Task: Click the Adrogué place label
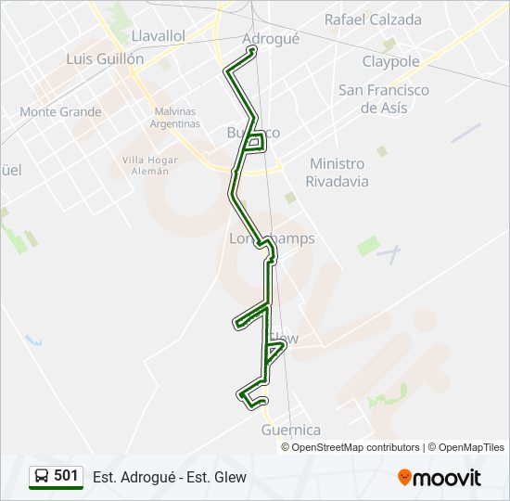(270, 38)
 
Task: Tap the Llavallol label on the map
(159, 35)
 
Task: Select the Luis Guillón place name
(105, 58)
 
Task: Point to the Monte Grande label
(60, 111)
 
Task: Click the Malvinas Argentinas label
(176, 118)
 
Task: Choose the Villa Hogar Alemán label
(149, 165)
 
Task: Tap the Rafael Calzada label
(373, 19)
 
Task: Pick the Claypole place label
(390, 61)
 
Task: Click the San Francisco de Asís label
(383, 98)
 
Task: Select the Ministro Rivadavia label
(338, 173)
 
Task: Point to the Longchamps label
(272, 238)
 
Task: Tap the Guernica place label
(291, 430)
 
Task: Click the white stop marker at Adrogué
(252, 49)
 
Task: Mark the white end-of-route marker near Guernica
(264, 401)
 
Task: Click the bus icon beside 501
(43, 477)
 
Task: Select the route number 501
(66, 476)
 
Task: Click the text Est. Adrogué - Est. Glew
(170, 477)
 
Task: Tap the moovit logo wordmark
(447, 478)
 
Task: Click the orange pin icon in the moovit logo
(404, 477)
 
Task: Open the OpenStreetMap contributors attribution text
(356, 447)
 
